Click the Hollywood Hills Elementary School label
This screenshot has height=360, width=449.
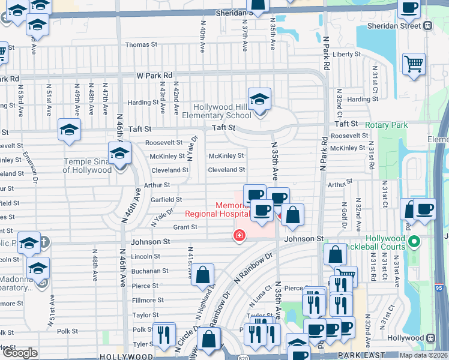tap(222, 112)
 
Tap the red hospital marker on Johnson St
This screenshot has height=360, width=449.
tap(240, 236)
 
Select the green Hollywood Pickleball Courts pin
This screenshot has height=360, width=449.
tap(413, 242)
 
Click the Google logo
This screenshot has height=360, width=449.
tap(20, 352)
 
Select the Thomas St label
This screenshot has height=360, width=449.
tap(141, 44)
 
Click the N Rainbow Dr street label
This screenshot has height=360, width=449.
tap(253, 267)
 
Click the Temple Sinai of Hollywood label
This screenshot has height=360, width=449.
tap(88, 166)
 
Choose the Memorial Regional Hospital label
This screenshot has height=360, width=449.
tap(217, 209)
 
